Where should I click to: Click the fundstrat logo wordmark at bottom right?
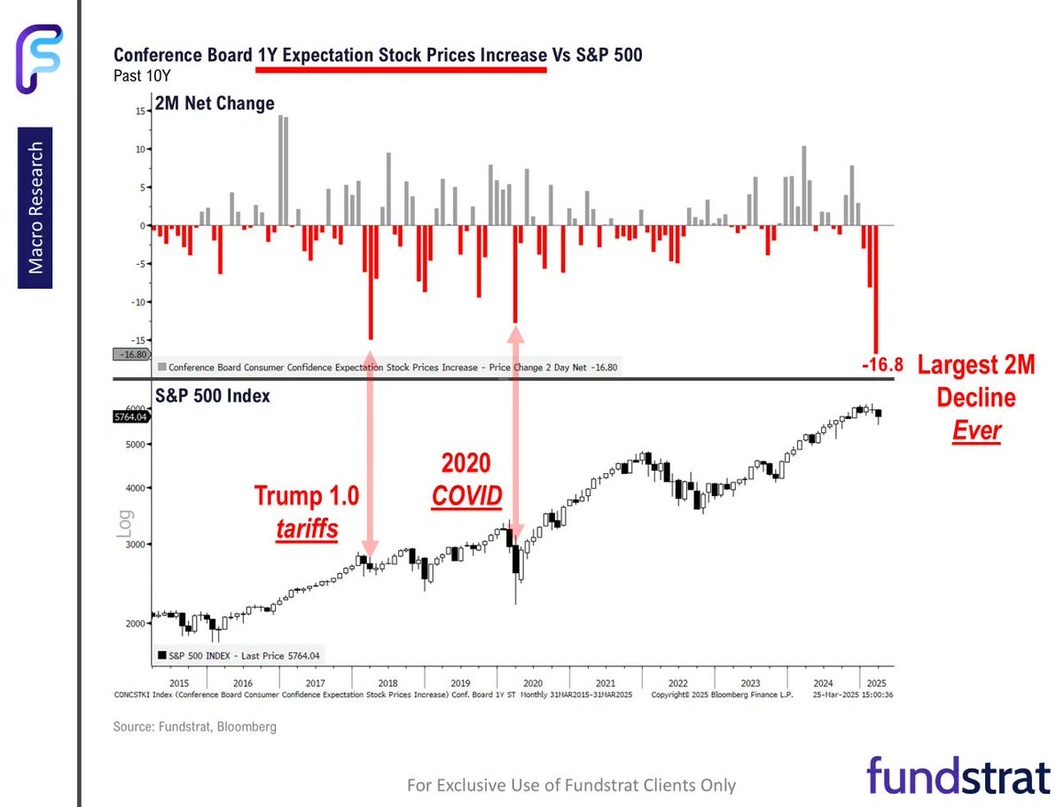point(958,776)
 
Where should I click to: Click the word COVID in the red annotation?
point(466,497)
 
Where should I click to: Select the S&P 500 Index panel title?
point(214,396)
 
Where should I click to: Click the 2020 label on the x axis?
point(533,683)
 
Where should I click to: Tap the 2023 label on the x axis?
point(750,683)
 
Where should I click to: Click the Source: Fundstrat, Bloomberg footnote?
point(194,726)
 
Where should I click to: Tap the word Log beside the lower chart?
point(125,524)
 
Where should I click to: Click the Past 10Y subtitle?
point(137,75)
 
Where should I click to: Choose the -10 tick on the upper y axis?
point(137,302)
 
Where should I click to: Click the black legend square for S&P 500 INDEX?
point(161,656)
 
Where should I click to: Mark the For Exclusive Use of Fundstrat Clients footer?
point(571,785)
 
